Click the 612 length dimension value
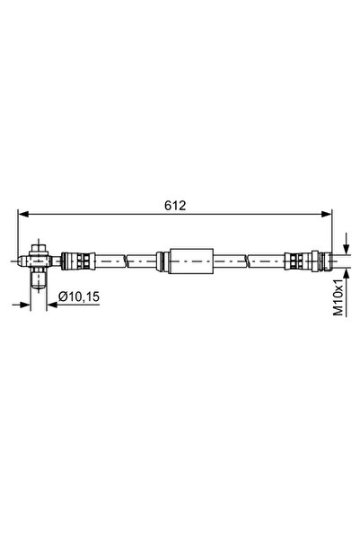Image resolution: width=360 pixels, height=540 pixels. pos(175,206)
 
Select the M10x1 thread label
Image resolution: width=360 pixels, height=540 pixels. pos(338,297)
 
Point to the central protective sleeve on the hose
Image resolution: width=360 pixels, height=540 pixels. pos(187,262)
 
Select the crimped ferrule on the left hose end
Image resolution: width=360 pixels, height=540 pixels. pos(77,262)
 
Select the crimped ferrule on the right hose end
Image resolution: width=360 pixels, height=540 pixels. pos(294,262)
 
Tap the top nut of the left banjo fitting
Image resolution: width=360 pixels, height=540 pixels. pos(40,246)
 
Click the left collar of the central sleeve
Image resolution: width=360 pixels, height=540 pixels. pos(162,262)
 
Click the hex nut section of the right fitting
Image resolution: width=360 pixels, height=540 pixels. pos(310,262)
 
